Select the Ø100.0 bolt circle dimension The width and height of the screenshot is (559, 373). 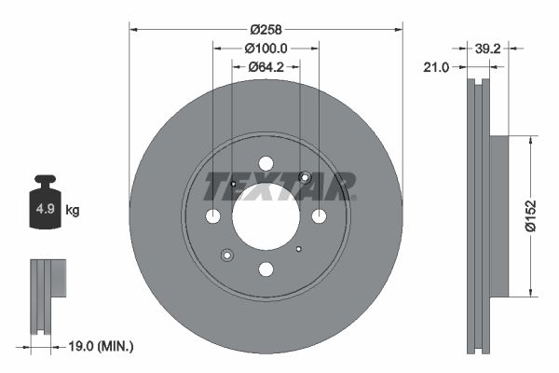(266, 48)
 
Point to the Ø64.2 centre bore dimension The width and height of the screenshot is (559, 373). (265, 66)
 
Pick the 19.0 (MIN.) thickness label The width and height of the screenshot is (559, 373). (102, 346)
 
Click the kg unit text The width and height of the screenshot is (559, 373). (73, 211)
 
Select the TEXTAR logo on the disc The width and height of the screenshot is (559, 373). (279, 186)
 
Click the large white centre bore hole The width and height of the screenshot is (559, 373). (266, 216)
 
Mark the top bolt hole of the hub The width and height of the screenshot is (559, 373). (266, 163)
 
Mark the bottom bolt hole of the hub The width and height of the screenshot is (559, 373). (266, 269)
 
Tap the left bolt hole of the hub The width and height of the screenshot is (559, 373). (212, 216)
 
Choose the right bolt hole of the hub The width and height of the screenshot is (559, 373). (319, 216)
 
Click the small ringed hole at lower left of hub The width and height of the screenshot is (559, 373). (227, 255)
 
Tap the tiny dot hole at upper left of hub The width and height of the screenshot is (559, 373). (233, 184)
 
